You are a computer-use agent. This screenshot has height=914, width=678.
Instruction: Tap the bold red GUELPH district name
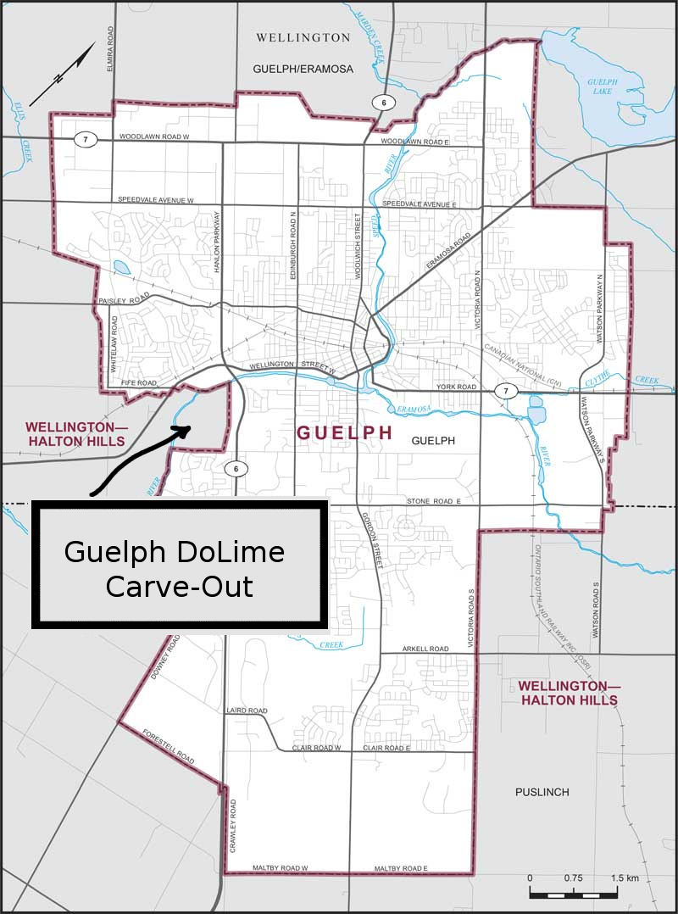pyautogui.click(x=344, y=432)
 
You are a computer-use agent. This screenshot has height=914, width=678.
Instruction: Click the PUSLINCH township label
pyautogui.click(x=542, y=792)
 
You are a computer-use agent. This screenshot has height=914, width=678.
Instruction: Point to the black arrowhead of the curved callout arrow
pyautogui.click(x=182, y=427)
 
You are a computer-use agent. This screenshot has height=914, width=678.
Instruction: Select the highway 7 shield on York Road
pyautogui.click(x=506, y=391)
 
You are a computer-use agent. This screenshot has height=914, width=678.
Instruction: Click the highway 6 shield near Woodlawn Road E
pyautogui.click(x=383, y=103)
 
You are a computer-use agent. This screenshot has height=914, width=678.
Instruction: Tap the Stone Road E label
pyautogui.click(x=432, y=502)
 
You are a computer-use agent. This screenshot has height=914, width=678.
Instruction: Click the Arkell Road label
pyautogui.click(x=426, y=649)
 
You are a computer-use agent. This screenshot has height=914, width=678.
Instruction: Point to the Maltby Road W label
pyautogui.click(x=279, y=868)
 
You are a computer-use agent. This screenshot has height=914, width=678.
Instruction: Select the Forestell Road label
pyautogui.click(x=169, y=746)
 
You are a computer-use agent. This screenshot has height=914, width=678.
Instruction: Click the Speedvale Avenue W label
pyautogui.click(x=157, y=200)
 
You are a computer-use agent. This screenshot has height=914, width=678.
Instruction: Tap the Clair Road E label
pyautogui.click(x=386, y=749)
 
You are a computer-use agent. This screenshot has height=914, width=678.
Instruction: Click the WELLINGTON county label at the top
pyautogui.click(x=303, y=37)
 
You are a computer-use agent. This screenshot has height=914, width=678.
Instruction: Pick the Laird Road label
pyautogui.click(x=247, y=711)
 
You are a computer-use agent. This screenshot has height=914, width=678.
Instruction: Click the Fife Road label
pyautogui.click(x=139, y=384)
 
